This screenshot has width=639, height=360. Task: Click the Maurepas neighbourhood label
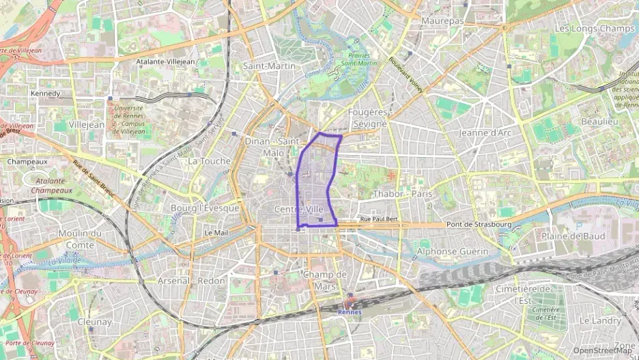[442, 21]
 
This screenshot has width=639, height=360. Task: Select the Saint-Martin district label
[269, 66]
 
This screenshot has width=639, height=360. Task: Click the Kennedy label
[46, 94]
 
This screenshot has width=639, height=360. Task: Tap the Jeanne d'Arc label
[485, 133]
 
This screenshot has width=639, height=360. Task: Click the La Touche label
[209, 161]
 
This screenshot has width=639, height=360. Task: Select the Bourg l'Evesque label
[205, 208]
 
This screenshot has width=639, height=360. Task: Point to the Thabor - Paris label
[403, 194]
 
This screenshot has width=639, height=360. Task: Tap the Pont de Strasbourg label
[479, 225]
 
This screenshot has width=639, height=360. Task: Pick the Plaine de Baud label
[573, 236]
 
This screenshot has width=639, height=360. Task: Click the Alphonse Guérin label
[453, 251]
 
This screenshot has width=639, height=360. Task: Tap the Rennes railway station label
[350, 311]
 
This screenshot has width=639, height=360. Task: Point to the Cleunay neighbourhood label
[94, 322]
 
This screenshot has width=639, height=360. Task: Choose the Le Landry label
[600, 320]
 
